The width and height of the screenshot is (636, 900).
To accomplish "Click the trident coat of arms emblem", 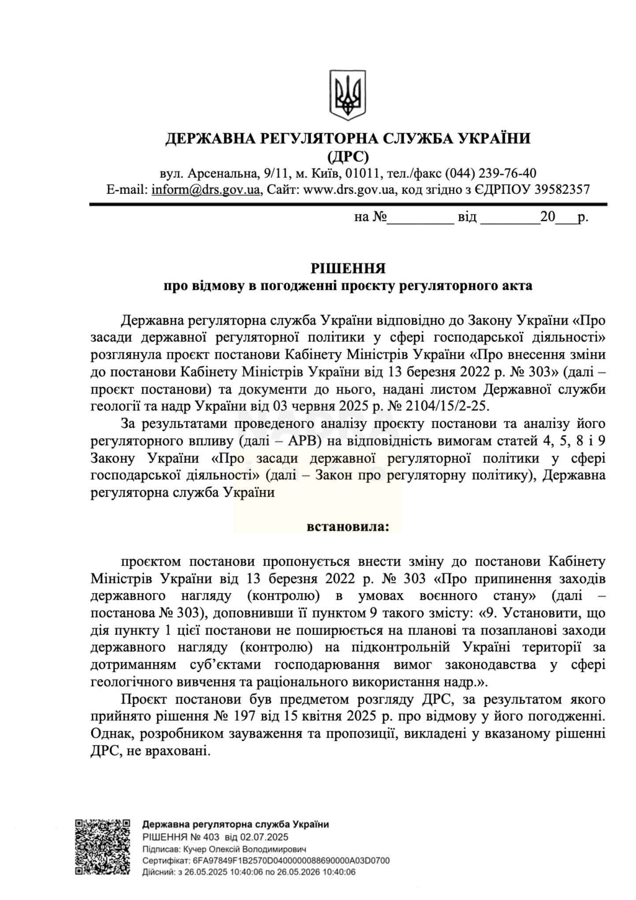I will [x=348, y=94].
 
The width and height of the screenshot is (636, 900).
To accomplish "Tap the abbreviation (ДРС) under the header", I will [x=348, y=156].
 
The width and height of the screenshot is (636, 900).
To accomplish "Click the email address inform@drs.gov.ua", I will [x=205, y=190].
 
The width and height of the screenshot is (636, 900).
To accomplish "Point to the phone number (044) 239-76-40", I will [x=490, y=173].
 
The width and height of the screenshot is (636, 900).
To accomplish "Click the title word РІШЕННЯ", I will [x=348, y=268].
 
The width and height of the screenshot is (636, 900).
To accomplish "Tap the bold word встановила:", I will [x=348, y=527].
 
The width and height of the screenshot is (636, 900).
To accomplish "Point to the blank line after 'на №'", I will [x=420, y=218].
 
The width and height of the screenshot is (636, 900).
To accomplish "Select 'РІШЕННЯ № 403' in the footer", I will [x=181, y=837].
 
